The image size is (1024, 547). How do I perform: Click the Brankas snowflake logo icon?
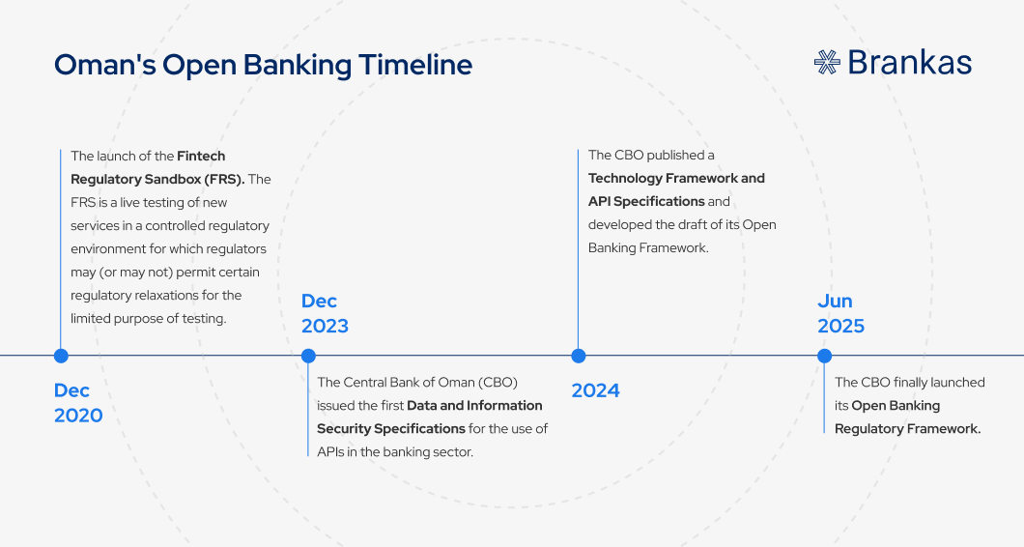pyautogui.click(x=827, y=62)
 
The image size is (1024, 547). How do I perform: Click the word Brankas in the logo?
pyautogui.click(x=910, y=63)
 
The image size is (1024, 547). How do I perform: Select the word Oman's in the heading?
pyautogui.click(x=105, y=65)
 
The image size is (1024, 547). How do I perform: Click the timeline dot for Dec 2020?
pyautogui.click(x=61, y=356)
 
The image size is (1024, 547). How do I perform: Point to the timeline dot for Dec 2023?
pyautogui.click(x=308, y=356)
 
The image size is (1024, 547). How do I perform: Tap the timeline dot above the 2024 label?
pyautogui.click(x=578, y=356)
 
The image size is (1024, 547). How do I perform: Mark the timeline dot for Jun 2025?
pyautogui.click(x=824, y=356)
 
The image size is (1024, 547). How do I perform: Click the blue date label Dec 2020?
pyautogui.click(x=78, y=403)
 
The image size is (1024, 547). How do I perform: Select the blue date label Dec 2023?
pyautogui.click(x=325, y=313)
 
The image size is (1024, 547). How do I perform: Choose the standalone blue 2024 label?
pyautogui.click(x=596, y=390)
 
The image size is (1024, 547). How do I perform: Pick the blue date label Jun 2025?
pyautogui.click(x=841, y=313)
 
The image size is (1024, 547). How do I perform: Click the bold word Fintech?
pyautogui.click(x=201, y=156)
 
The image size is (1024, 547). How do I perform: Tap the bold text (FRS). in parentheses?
pyautogui.click(x=224, y=179)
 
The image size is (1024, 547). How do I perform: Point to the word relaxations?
pyautogui.click(x=166, y=296)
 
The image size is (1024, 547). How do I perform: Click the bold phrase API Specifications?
pyautogui.click(x=646, y=201)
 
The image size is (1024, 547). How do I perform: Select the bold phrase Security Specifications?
pyautogui.click(x=391, y=429)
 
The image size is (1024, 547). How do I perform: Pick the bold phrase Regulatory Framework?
pyautogui.click(x=908, y=429)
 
